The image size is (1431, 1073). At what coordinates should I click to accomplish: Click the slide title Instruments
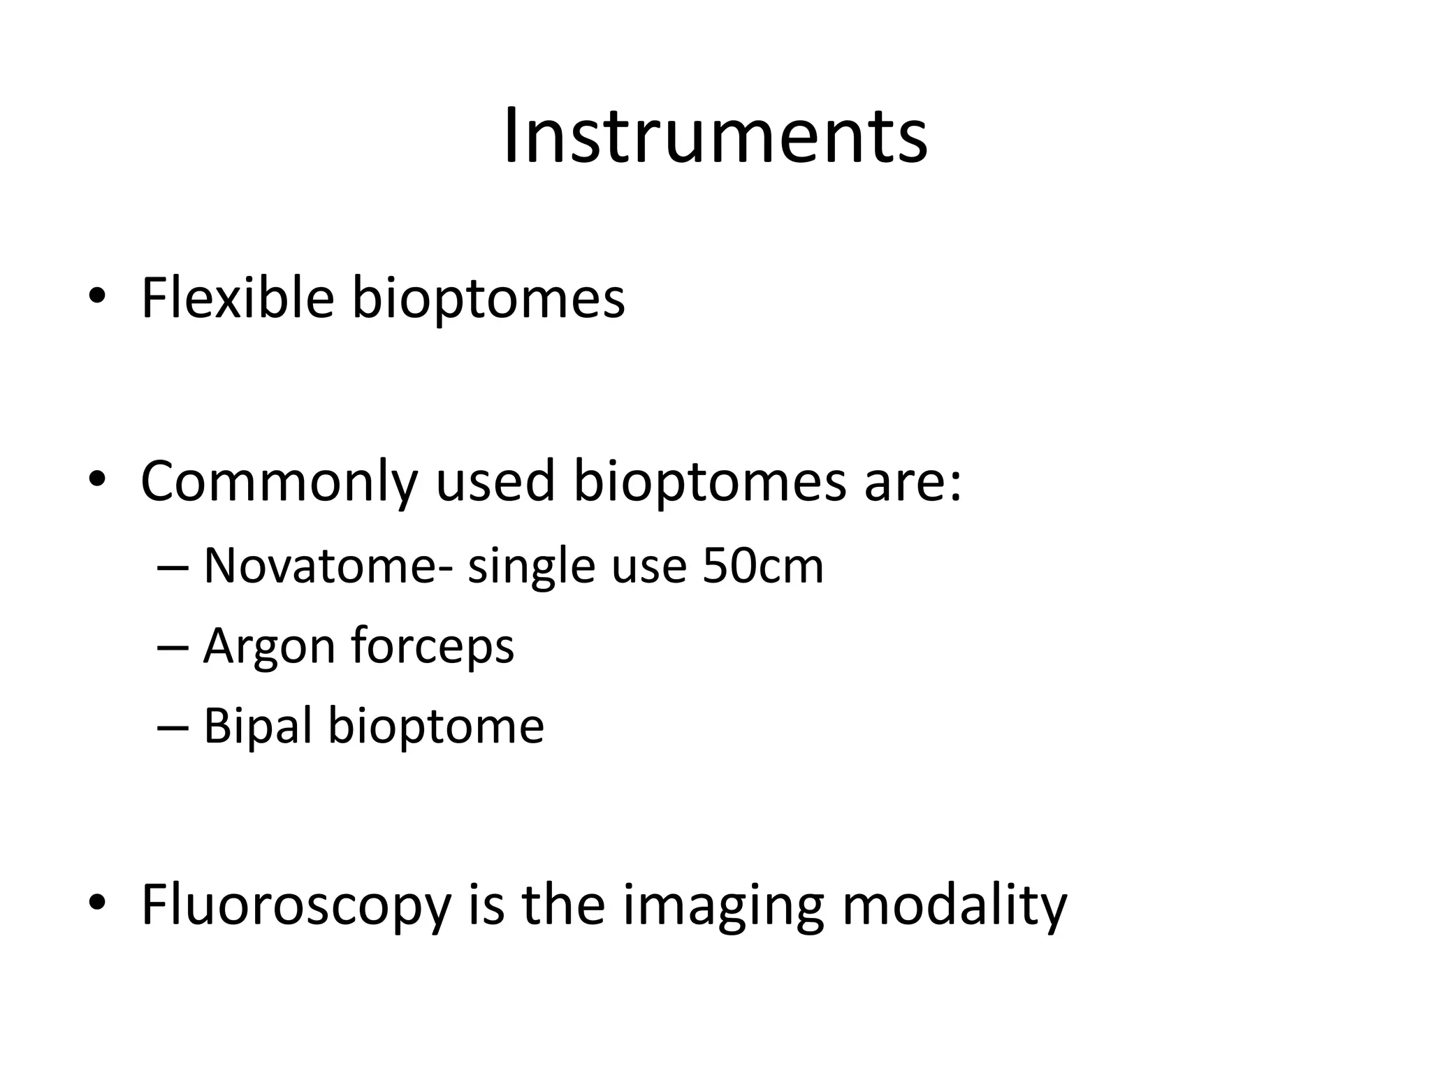(x=715, y=136)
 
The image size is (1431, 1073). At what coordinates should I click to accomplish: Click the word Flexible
(x=238, y=299)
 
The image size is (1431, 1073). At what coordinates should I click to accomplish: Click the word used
(x=495, y=482)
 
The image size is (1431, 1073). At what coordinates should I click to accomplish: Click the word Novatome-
(x=328, y=566)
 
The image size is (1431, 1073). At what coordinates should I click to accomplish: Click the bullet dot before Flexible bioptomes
(x=97, y=298)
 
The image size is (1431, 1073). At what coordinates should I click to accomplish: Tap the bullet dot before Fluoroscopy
(x=97, y=904)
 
